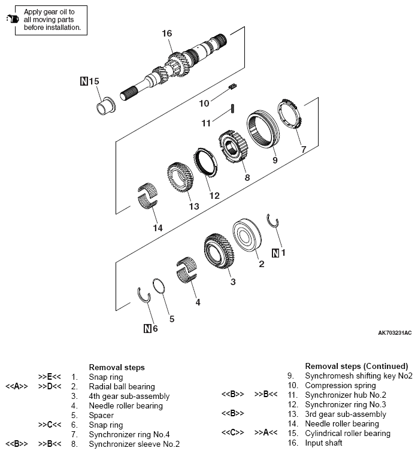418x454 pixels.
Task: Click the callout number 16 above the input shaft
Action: [167, 33]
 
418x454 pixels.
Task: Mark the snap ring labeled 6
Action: [144, 296]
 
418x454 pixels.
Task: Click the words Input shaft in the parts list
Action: [324, 443]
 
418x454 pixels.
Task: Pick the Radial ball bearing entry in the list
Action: [122, 387]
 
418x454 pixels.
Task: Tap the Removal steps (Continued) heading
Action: [356, 366]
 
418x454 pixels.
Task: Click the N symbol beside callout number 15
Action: [84, 80]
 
